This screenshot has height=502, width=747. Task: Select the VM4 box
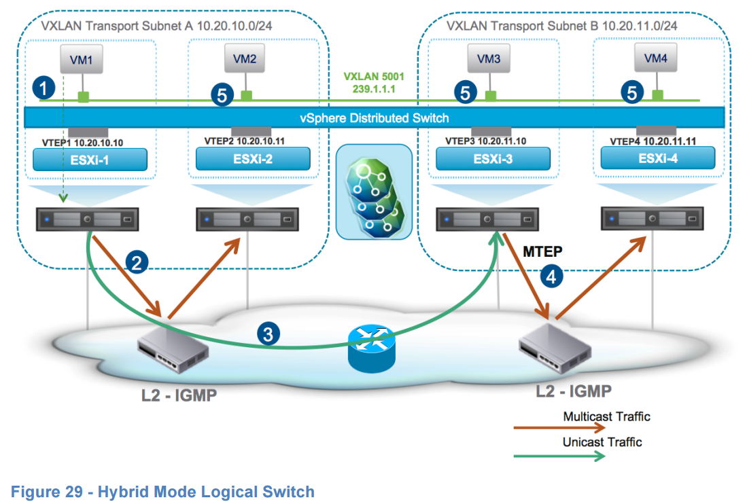656,59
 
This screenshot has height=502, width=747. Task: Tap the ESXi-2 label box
253,158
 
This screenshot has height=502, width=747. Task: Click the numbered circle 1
44,88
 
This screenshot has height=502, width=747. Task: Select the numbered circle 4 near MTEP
551,276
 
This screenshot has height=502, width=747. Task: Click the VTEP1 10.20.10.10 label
84,143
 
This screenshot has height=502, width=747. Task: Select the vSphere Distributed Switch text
375,118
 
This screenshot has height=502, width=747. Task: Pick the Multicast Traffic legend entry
606,416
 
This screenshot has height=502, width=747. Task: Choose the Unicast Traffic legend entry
602,442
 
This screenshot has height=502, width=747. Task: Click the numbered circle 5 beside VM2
222,95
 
